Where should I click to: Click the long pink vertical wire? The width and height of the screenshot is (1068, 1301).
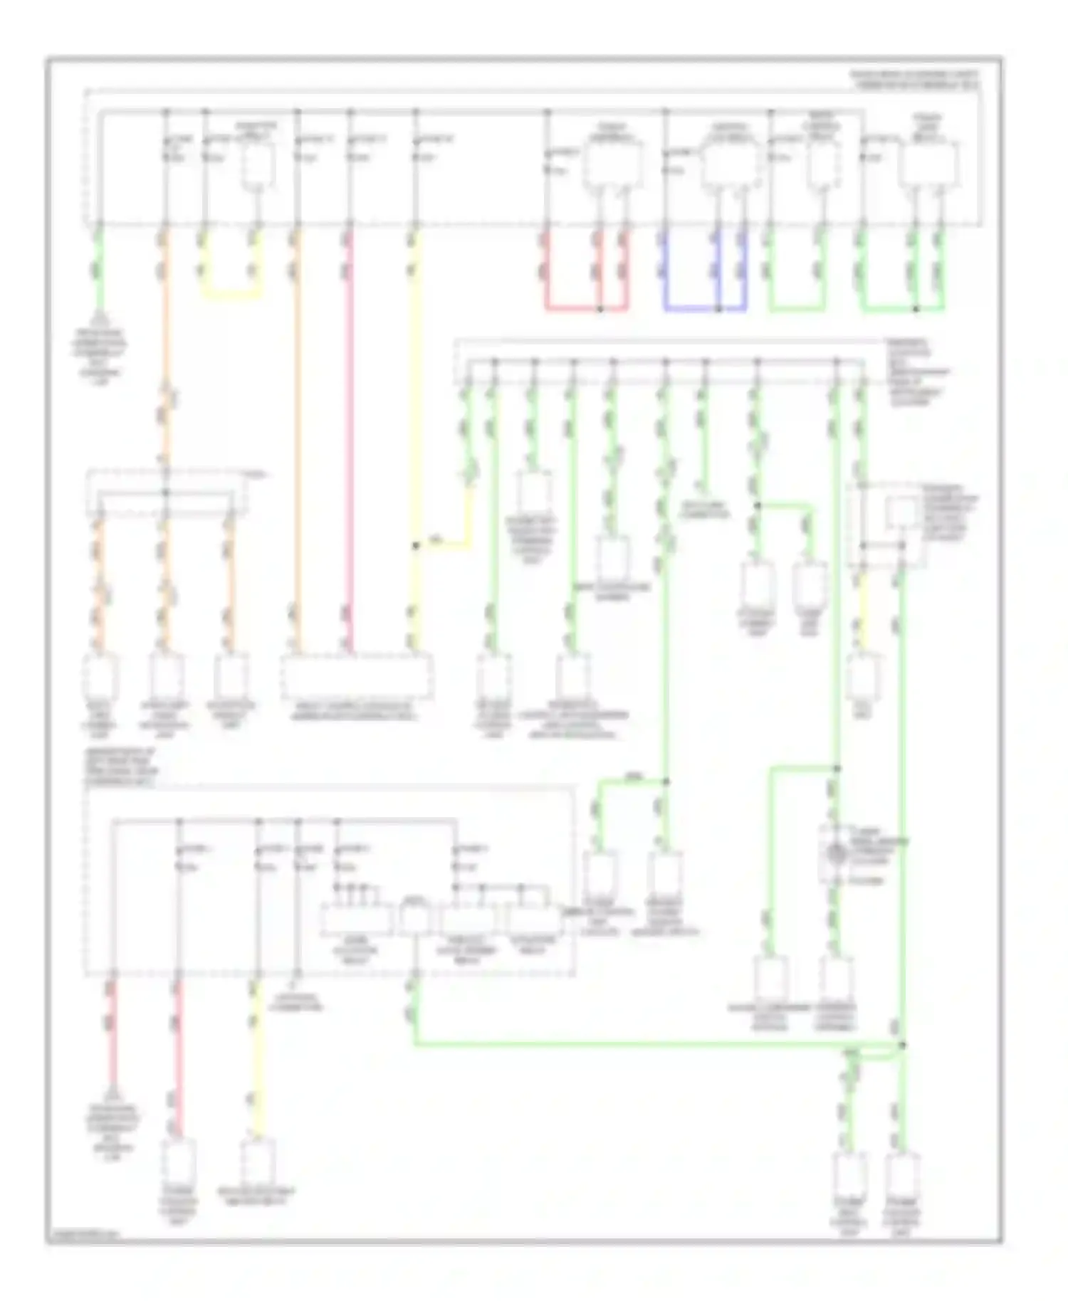tap(349, 441)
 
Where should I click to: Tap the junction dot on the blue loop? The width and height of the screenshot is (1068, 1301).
tap(718, 309)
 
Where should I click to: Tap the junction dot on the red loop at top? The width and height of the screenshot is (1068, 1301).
tap(600, 309)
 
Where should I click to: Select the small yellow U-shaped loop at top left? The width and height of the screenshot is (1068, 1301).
tap(231, 294)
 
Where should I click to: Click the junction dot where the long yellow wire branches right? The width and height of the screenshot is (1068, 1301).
tap(415, 546)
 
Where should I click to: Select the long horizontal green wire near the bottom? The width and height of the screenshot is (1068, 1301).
tap(641, 1044)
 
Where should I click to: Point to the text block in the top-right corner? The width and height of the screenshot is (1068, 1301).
tap(916, 79)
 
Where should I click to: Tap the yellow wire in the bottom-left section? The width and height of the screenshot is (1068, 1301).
tap(255, 1060)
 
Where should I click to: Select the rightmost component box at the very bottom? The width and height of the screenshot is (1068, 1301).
tap(902, 1174)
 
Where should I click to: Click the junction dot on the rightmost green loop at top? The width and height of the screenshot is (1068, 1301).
tap(915, 309)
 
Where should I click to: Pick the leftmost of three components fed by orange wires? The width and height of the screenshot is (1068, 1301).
tap(100, 676)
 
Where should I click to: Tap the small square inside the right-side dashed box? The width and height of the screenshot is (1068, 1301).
tap(901, 512)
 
